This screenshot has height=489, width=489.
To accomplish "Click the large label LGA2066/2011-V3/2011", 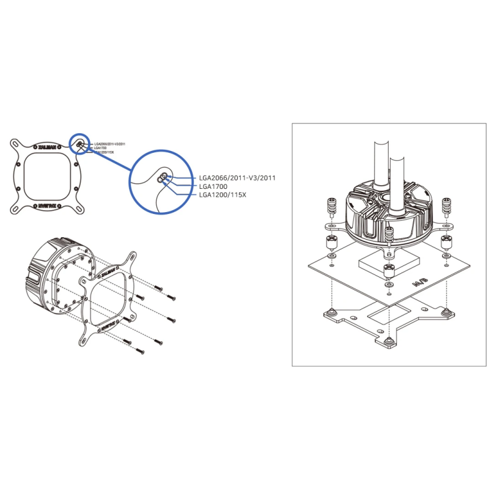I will click(238, 178).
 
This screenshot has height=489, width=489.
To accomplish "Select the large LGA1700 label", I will click(213, 187).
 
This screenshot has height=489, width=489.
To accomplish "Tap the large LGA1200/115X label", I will click(221, 196).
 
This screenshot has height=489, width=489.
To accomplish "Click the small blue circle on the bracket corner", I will click(79, 144).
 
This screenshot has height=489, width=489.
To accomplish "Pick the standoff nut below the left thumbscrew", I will click(331, 241).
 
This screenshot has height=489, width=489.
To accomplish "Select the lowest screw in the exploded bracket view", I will click(139, 350).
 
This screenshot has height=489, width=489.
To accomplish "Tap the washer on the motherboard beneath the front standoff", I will click(389, 285).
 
